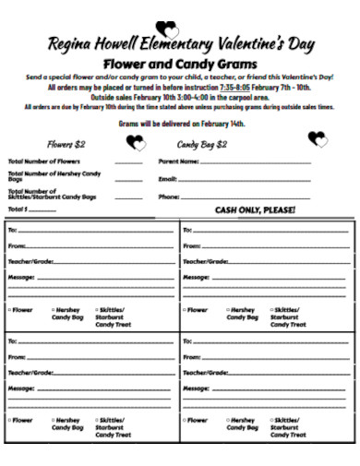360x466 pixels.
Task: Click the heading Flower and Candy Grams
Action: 180,64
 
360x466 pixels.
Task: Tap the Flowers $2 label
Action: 66,144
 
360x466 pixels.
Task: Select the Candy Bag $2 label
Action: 202,144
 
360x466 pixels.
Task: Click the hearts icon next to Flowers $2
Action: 137,143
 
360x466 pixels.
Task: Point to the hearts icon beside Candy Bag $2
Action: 318,139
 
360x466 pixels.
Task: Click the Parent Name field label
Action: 178,161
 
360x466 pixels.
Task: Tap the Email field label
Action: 167,179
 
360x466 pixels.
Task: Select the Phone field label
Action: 169,197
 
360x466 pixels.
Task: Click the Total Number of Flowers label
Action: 40,161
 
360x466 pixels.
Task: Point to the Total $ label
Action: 19,209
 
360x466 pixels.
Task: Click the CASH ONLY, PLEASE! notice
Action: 255,210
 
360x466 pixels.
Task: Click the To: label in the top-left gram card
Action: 12,229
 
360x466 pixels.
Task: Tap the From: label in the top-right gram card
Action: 192,246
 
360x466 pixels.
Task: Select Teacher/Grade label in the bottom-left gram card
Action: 31,372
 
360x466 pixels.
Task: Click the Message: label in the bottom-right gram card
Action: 197,388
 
